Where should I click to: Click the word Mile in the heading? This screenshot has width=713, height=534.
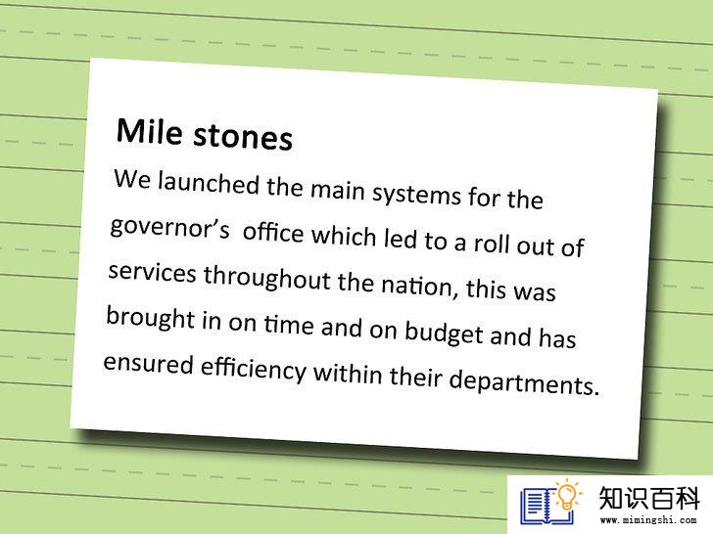150,131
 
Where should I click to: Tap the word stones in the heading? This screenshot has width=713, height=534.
243,137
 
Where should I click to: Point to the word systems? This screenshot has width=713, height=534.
417,195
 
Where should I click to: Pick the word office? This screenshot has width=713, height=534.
273,232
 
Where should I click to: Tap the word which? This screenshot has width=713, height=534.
344,235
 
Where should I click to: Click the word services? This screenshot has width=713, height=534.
153,272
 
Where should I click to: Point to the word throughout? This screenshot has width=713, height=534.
266,278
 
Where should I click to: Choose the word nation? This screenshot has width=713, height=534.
416,286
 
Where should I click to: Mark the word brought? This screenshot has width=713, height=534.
151,318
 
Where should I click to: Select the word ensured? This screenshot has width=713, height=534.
149,363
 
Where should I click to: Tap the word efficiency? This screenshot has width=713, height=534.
254,369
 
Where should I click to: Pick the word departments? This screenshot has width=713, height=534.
524,381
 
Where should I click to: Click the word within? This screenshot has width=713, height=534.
348,374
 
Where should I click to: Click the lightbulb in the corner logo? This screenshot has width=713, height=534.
567,496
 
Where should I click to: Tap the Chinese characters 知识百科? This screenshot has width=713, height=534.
648,498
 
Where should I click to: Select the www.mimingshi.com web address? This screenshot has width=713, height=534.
648,520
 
